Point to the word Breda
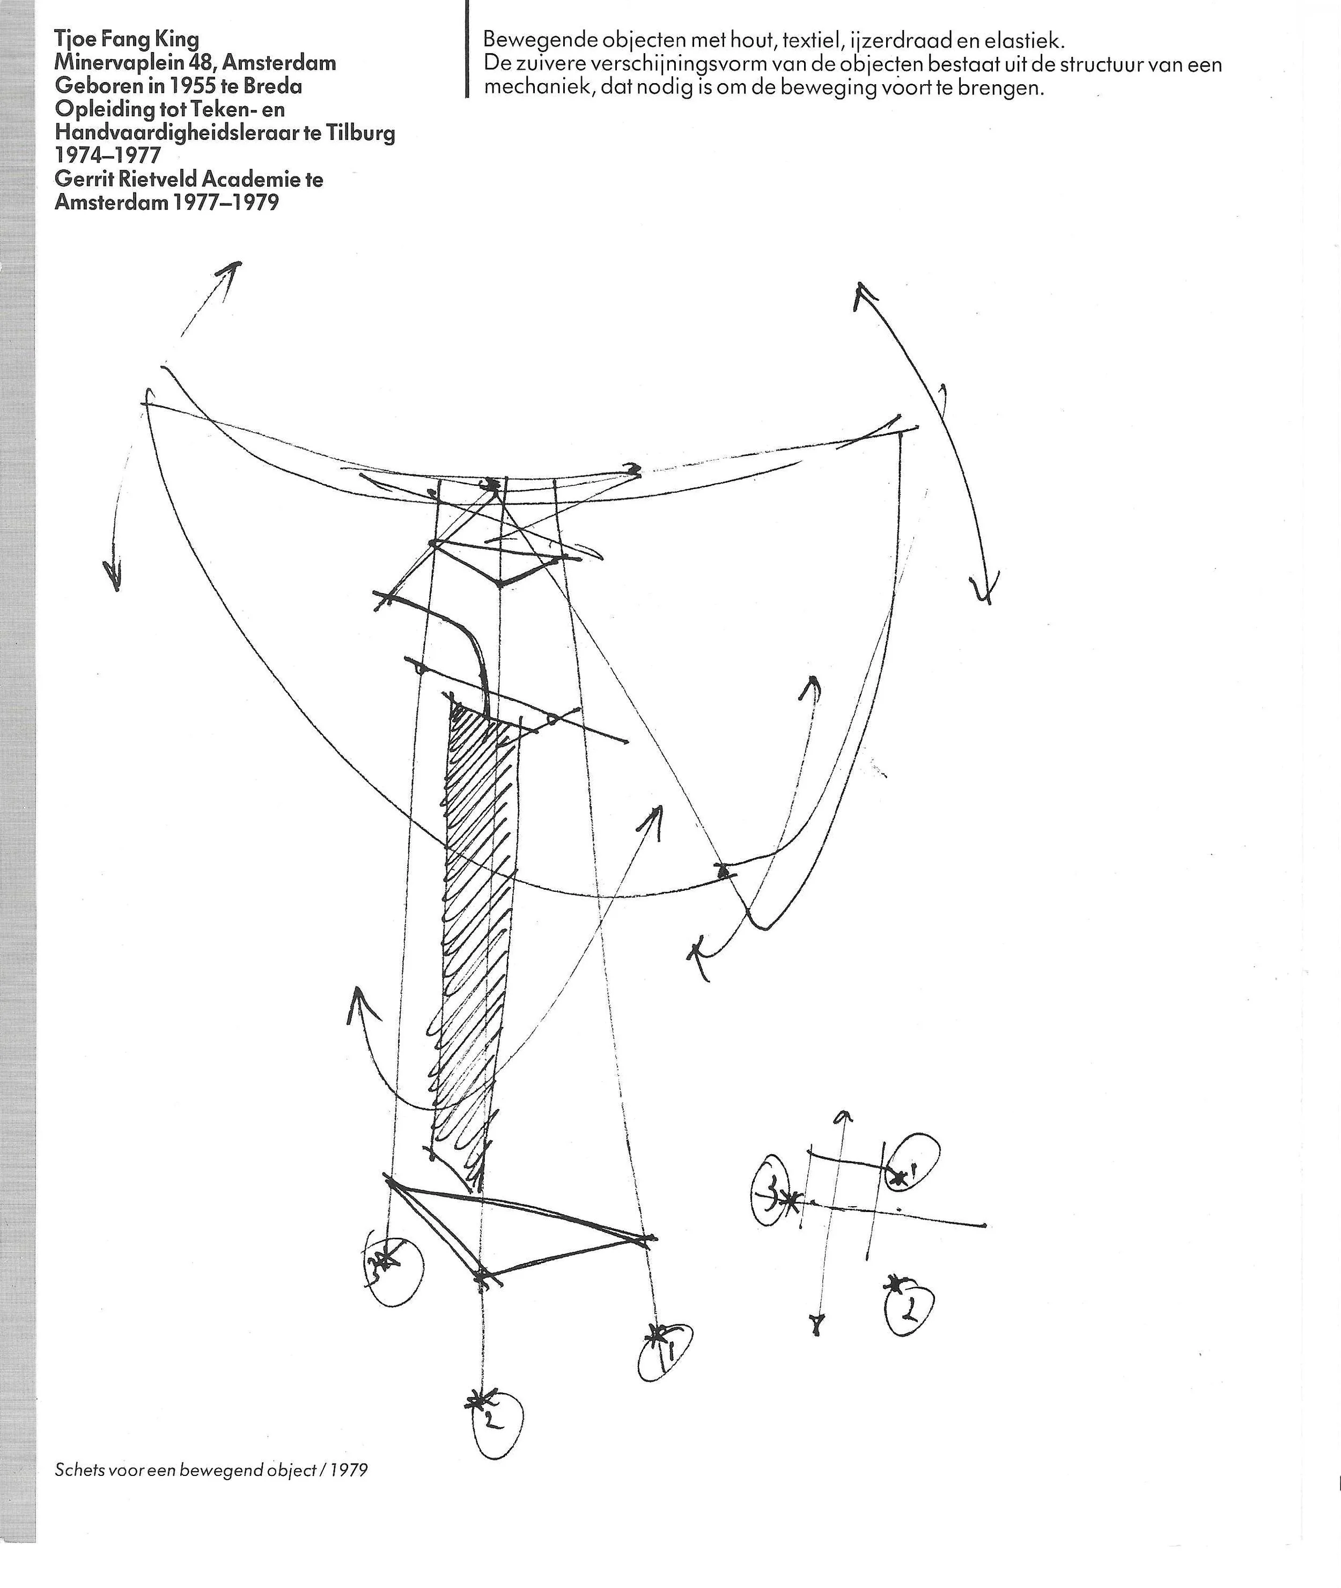(x=273, y=86)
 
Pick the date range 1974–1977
(x=108, y=156)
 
